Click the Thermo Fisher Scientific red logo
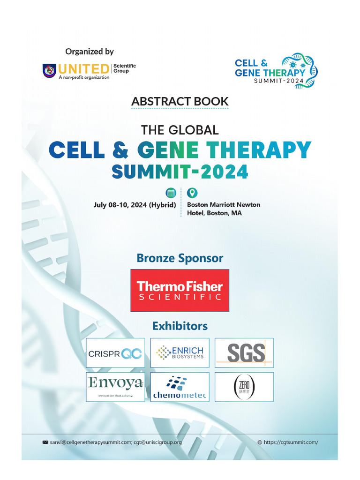(x=180, y=290)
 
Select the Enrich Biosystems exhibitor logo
(x=180, y=352)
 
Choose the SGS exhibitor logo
(x=244, y=352)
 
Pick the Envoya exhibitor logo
(x=115, y=386)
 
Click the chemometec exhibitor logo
(x=180, y=387)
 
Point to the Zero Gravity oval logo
(x=244, y=387)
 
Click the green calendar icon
(x=171, y=193)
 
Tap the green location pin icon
(x=192, y=193)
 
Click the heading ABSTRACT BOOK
(x=180, y=101)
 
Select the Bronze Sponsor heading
(x=180, y=258)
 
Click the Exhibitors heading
(x=180, y=325)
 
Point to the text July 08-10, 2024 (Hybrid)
(x=135, y=205)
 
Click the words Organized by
(x=90, y=52)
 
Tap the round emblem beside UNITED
(x=49, y=70)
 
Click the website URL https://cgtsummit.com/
(x=291, y=442)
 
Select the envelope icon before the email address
(x=45, y=442)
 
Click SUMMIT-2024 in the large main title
(x=180, y=172)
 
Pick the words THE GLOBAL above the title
(x=180, y=129)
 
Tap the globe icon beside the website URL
(x=260, y=442)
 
